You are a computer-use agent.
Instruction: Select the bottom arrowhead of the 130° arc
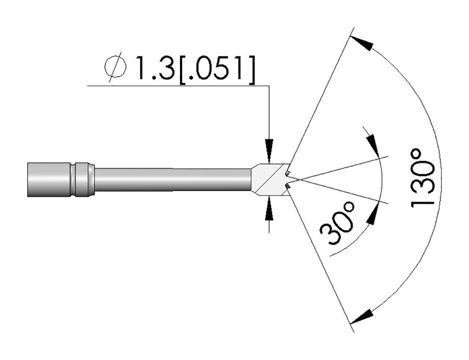tap(361, 316)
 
